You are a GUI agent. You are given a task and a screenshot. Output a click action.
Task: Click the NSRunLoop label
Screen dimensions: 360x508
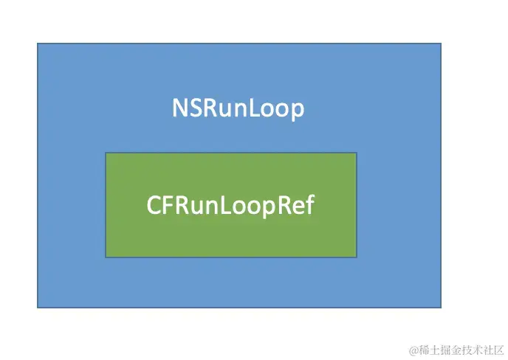click(238, 109)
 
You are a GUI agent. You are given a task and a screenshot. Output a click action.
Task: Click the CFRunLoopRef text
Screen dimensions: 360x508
click(230, 205)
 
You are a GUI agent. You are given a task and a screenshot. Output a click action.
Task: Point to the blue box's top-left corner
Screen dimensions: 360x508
click(38, 44)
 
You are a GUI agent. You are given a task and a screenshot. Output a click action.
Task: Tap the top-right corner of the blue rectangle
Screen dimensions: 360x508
click(441, 44)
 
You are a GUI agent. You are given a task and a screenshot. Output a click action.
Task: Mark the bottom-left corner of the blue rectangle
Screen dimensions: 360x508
click(38, 307)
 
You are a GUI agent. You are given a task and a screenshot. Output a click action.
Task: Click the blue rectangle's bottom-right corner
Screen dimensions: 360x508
click(441, 307)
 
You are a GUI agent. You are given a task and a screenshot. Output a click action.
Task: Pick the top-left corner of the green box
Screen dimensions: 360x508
click(106, 153)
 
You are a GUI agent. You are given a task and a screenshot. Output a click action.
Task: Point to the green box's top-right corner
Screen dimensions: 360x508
click(357, 153)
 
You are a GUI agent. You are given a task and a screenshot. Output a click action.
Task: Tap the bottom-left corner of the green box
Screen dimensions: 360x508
click(106, 257)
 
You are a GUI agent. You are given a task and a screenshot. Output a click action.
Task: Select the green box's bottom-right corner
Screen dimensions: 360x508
click(357, 257)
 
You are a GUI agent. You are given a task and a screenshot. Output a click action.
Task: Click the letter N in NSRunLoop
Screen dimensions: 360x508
click(179, 109)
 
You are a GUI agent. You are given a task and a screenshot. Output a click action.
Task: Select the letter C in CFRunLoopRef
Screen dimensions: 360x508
click(154, 205)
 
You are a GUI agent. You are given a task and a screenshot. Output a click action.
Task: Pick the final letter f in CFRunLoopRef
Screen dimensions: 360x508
click(309, 204)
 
